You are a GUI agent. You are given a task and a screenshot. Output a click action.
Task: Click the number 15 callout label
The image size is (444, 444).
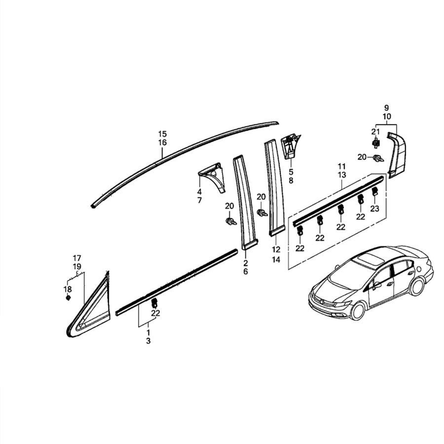(162, 134)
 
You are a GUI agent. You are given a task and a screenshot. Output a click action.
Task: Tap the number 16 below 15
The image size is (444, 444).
(162, 143)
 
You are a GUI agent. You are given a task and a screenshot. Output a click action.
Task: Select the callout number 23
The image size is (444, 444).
(374, 209)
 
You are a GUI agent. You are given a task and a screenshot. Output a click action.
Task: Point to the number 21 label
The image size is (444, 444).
(375, 131)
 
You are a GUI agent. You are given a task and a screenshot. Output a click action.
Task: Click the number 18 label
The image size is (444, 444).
(68, 289)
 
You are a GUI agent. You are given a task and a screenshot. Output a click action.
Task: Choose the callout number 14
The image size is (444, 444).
(276, 259)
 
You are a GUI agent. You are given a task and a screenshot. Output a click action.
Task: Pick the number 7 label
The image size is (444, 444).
(199, 200)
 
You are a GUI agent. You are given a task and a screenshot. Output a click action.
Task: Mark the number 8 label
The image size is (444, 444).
(291, 181)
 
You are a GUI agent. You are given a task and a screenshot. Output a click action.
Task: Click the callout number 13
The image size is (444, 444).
(341, 175)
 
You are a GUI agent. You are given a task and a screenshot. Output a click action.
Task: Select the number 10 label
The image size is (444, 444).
(386, 116)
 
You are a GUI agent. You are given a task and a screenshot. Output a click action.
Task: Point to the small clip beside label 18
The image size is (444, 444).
(68, 297)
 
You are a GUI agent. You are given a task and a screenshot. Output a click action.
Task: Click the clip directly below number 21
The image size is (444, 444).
(376, 143)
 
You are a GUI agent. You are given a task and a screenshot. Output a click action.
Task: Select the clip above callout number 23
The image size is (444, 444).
(374, 191)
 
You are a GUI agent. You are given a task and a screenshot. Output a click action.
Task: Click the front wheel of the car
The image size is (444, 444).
(358, 309)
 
